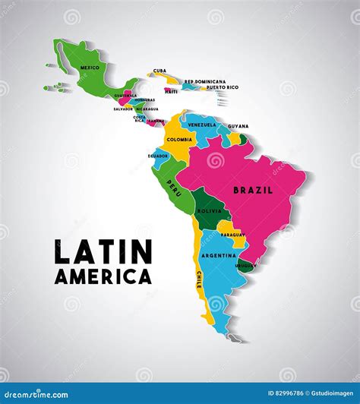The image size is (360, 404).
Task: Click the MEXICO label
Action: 90,68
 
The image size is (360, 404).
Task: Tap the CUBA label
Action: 159,71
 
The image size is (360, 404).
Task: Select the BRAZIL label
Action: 252,190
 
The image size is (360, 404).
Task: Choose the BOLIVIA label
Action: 209,210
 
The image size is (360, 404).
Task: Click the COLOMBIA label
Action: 179,139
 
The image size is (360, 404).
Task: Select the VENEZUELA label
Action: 202,124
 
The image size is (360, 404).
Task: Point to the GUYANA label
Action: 238,126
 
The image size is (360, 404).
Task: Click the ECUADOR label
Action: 158,155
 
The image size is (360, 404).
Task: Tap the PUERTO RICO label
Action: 222,87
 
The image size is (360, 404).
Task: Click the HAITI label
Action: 172,91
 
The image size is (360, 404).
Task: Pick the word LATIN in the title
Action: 103,252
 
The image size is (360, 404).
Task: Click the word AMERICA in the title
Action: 103,276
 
